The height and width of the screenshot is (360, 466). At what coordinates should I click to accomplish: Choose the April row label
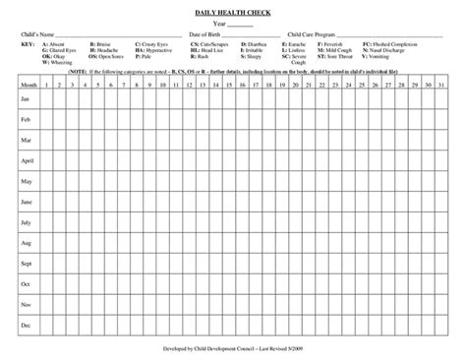coord(28,160)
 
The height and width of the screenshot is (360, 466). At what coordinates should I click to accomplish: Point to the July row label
coord(27,222)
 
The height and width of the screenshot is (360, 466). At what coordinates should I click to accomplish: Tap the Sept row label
coord(28,264)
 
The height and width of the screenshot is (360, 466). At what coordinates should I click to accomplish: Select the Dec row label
coord(27,325)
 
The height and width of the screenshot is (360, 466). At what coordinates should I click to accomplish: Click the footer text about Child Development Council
coord(233,349)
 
